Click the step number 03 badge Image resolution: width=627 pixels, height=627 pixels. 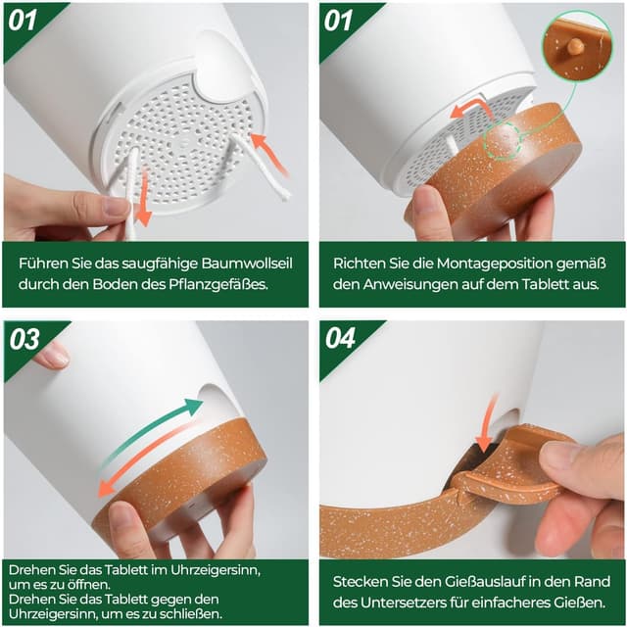pos(26,339)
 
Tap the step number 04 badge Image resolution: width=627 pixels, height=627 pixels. pos(342,339)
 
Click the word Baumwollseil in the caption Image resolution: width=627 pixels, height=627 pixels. pos(235,264)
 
